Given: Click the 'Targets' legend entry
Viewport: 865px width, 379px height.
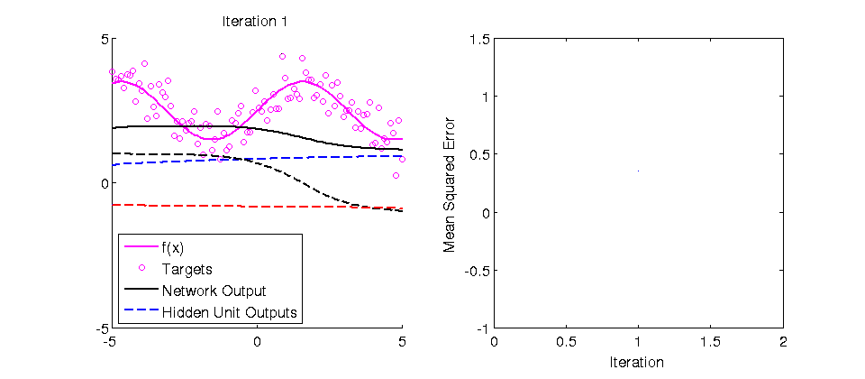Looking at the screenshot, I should point(187,269).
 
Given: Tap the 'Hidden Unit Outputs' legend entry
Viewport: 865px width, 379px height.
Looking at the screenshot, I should point(230,313).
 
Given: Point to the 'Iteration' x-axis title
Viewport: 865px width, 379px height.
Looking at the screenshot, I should point(638,363).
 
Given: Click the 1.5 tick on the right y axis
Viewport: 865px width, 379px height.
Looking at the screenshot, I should point(478,39).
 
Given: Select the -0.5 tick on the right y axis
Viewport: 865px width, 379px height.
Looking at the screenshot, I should point(476,271).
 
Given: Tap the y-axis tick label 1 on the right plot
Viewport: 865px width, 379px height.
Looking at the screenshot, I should point(484,97).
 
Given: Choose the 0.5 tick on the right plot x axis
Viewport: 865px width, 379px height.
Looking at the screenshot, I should point(566,343).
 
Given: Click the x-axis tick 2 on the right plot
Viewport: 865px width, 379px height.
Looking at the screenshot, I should point(783,343).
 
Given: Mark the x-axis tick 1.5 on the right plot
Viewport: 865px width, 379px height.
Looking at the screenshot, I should point(711,343).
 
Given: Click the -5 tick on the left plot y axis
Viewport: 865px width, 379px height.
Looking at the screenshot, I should point(102,328).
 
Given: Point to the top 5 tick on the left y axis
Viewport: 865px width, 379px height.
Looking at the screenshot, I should point(105,39).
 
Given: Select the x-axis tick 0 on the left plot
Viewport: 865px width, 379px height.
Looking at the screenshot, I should point(257,343).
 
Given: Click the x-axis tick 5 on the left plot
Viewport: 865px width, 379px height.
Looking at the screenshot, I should point(402,343).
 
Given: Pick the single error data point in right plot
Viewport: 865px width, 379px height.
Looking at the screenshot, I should point(638,171).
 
